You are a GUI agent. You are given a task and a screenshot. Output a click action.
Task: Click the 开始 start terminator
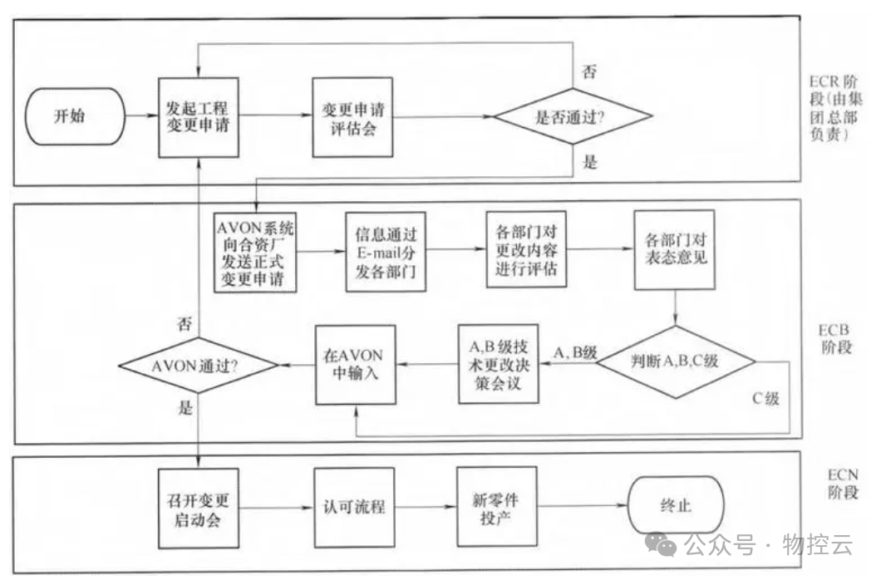click(76, 118)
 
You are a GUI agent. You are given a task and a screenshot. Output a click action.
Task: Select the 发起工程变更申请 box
click(198, 118)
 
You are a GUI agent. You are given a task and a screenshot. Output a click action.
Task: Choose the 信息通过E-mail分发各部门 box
click(385, 253)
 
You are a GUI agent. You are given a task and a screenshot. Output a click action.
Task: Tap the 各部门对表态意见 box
click(675, 248)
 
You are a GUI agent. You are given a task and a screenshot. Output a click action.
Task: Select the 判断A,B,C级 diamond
click(677, 362)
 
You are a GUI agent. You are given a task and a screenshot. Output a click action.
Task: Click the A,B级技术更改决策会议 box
click(496, 364)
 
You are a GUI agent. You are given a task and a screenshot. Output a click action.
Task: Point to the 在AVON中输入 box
click(355, 364)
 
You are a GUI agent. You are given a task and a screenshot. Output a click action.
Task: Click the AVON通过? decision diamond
click(197, 365)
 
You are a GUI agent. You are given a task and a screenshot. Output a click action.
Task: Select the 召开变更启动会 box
click(197, 505)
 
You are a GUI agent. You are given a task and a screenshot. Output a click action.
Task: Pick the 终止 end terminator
click(675, 505)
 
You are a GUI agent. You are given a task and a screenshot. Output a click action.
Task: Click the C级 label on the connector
click(765, 398)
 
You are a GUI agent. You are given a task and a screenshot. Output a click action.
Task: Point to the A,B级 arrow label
click(575, 354)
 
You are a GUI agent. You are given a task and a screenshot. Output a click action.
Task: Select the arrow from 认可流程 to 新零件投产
click(424, 505)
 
